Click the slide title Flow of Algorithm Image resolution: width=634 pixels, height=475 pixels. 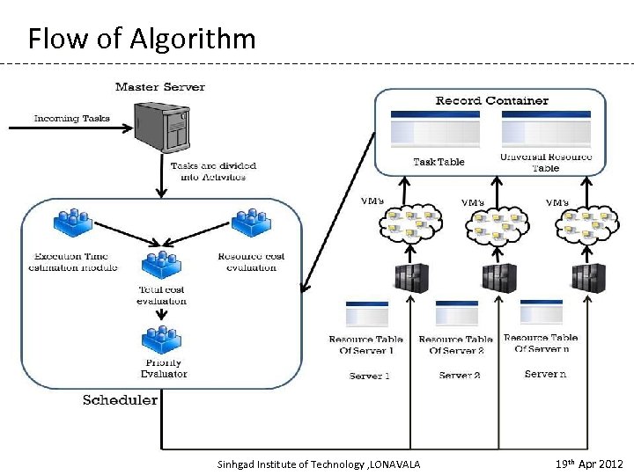[142, 39]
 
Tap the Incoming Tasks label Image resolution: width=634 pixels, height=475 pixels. [72, 118]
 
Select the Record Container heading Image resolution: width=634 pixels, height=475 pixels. [491, 100]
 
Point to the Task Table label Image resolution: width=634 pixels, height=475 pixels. [439, 162]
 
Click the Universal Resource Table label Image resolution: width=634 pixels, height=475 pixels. [545, 162]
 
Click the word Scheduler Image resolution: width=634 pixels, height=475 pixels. [120, 400]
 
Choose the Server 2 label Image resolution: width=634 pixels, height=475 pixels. [460, 376]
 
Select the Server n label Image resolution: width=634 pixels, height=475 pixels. [546, 374]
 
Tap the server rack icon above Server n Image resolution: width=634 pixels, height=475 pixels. [587, 277]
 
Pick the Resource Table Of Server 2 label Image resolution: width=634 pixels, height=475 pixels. [455, 345]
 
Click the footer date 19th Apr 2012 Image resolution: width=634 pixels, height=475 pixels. [589, 464]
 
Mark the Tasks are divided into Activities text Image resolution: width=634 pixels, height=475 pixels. [208, 171]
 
